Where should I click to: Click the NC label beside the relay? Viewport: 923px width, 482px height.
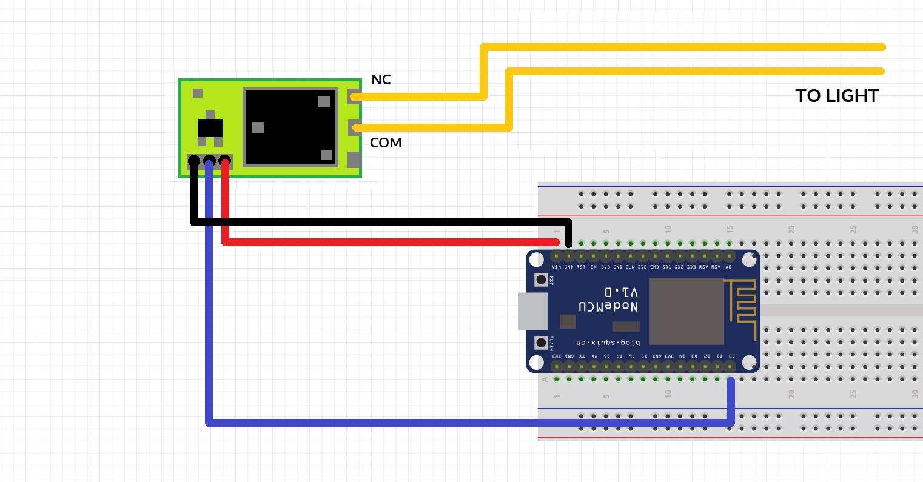pyautogui.click(x=381, y=80)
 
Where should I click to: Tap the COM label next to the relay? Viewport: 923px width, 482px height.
pyautogui.click(x=386, y=143)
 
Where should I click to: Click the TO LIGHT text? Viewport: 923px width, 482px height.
pyautogui.click(x=837, y=96)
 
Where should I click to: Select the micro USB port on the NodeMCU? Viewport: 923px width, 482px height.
pyautogui.click(x=532, y=311)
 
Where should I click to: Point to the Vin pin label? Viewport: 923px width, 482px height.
pyautogui.click(x=556, y=267)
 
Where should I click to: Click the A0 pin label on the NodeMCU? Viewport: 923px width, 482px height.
pyautogui.click(x=728, y=267)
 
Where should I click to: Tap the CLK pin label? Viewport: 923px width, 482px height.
pyautogui.click(x=630, y=267)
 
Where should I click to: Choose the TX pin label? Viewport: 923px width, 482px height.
pyautogui.click(x=582, y=356)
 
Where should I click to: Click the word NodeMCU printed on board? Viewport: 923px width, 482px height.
pyautogui.click(x=608, y=307)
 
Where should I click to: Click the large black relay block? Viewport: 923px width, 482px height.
pyautogui.click(x=290, y=127)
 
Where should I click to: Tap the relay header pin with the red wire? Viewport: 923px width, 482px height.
pyautogui.click(x=225, y=162)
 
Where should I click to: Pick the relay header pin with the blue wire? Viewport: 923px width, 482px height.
pyautogui.click(x=209, y=162)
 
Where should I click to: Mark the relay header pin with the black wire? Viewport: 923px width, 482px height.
pyautogui.click(x=193, y=162)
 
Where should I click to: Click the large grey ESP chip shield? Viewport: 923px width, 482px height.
pyautogui.click(x=686, y=311)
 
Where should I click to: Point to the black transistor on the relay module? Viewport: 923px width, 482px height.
pyautogui.click(x=210, y=129)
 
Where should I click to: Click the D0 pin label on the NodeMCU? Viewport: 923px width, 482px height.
pyautogui.click(x=731, y=356)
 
